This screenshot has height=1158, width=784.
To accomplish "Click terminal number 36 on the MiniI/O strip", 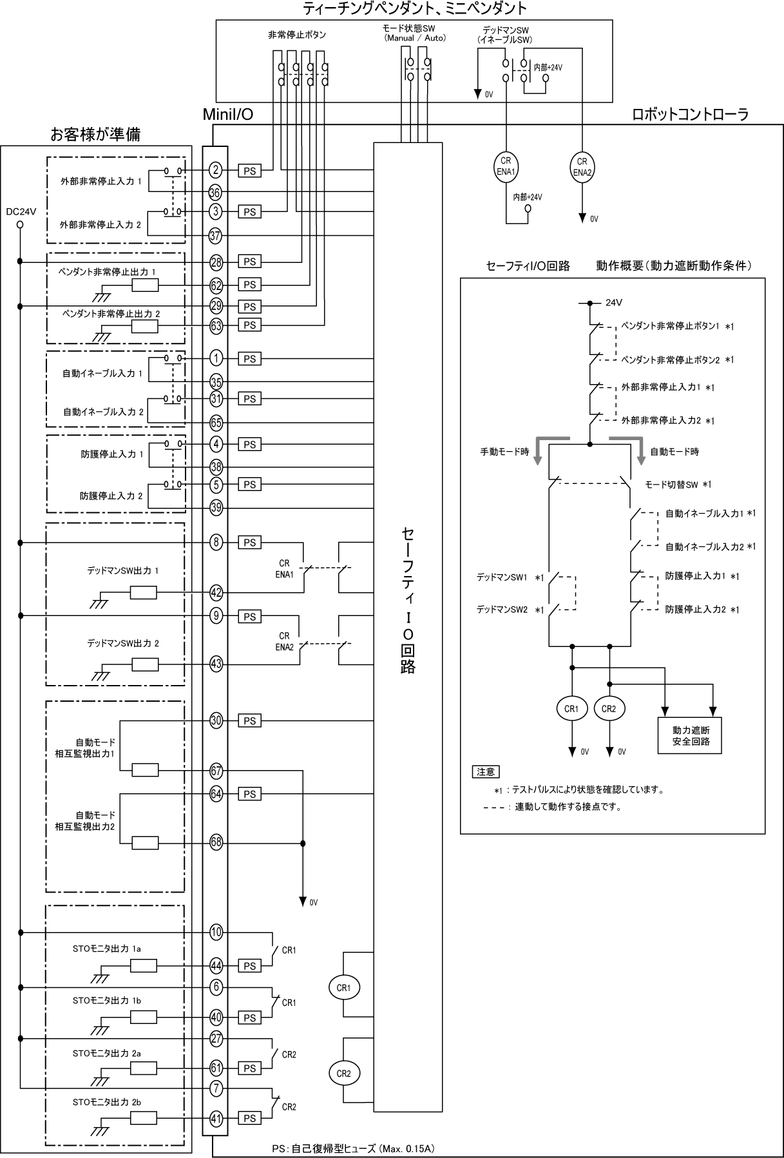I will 215,192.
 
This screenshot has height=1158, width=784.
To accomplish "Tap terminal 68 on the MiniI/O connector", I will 216,842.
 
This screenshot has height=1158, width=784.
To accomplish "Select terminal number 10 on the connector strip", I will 216,932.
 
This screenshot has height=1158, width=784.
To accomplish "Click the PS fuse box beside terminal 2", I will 249,171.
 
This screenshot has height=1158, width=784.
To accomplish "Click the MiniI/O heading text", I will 227,115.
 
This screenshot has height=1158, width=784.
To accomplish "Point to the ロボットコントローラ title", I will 691,115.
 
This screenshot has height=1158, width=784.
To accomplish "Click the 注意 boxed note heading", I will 486,771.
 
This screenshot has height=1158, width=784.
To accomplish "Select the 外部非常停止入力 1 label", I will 101,182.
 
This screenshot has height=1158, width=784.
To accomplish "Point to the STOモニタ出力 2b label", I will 107,1102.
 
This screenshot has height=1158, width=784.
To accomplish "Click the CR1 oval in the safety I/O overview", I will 571,709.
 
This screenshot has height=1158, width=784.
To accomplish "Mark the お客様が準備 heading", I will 95,134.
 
